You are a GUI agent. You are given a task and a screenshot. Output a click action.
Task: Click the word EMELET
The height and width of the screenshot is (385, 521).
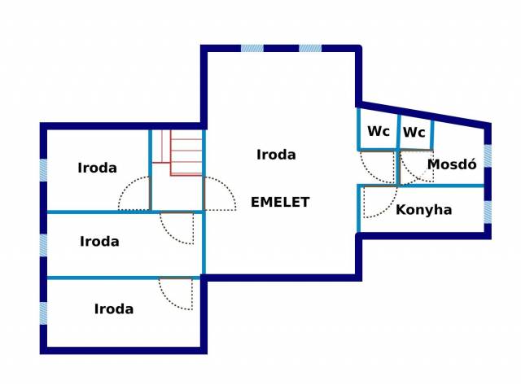point(280,202)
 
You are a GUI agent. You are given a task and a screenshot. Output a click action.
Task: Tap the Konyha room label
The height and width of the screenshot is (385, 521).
point(423,210)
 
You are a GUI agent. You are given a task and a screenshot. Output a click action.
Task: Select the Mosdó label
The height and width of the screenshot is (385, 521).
point(451,164)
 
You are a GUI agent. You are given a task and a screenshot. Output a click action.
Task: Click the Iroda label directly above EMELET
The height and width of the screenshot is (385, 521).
point(276,154)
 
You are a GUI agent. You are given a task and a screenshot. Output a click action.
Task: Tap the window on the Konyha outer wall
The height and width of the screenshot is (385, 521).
point(488,212)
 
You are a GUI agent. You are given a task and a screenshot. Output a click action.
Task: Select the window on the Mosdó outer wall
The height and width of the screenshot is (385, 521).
point(488,155)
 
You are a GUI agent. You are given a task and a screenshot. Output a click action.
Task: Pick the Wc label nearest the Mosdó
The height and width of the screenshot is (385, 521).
point(414,132)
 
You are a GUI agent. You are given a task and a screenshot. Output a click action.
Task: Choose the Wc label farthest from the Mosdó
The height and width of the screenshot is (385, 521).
point(378,131)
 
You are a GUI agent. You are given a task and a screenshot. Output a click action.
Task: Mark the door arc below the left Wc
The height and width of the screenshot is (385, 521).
point(377,167)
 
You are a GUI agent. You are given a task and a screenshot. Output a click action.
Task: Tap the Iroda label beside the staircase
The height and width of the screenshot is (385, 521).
point(97,168)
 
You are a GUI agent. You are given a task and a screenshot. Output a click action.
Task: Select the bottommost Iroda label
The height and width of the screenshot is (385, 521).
point(114,308)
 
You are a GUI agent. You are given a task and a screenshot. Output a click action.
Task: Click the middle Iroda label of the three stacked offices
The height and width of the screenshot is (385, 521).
point(99,241)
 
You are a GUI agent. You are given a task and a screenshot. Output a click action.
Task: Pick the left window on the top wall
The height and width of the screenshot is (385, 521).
point(252,48)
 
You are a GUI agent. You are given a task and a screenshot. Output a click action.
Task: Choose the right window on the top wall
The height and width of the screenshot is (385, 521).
point(309,48)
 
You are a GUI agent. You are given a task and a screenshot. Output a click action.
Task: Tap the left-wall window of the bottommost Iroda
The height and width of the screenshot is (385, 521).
point(43,313)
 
